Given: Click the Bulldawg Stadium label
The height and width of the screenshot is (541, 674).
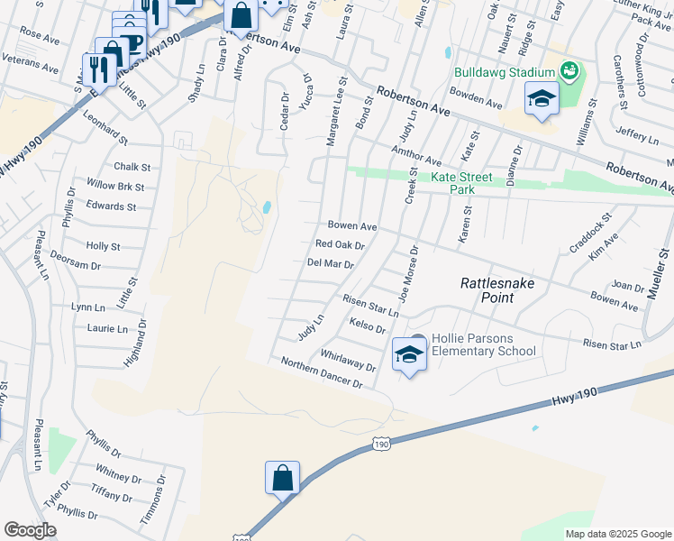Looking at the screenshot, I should click(x=503, y=72).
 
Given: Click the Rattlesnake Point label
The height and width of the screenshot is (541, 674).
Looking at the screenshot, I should click(x=487, y=289).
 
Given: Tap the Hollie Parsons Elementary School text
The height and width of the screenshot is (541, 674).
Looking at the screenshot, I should click(x=484, y=344).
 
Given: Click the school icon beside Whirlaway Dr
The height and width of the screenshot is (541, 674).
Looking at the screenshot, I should click(x=409, y=355).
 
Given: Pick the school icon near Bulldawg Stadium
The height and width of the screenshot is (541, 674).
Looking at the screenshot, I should click(x=542, y=99).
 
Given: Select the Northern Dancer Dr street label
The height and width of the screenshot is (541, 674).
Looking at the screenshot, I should click(x=321, y=372).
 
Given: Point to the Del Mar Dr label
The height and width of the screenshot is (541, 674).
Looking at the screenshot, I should click(x=330, y=264).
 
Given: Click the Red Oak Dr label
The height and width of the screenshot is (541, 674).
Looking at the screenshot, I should click(x=340, y=244).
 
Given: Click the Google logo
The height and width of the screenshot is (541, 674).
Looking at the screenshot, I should click(x=30, y=530).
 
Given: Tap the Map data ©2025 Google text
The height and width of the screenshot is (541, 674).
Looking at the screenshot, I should click(x=617, y=534).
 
